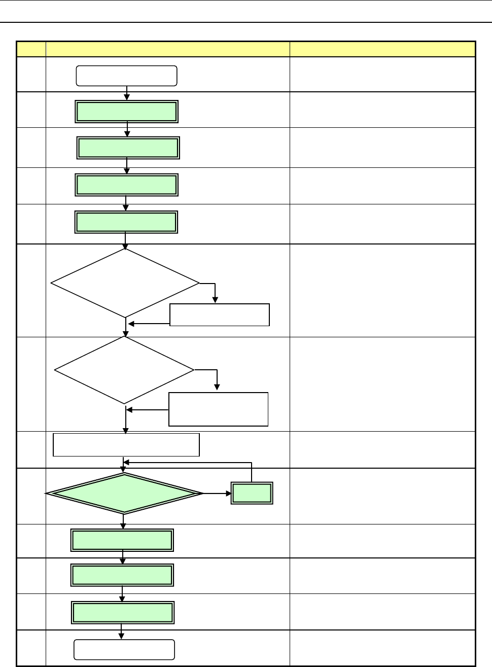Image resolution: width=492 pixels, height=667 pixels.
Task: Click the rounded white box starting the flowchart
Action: pos(126,76)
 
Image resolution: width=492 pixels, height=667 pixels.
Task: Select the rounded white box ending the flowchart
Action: pos(124,649)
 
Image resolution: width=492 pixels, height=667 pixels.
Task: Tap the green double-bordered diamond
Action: pos(124,493)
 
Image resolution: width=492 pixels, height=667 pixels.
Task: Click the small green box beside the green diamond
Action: pos(252,493)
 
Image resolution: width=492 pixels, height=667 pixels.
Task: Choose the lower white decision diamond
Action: pos(124,370)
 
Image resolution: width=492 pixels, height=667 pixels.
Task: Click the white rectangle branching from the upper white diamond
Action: pos(219,315)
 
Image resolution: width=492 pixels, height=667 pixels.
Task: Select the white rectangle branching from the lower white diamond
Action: pos(218,409)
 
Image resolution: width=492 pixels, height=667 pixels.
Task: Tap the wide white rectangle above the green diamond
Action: pos(126,445)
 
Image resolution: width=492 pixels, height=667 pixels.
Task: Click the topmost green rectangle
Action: pos(127,112)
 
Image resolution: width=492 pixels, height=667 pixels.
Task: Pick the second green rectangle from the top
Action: pos(128,148)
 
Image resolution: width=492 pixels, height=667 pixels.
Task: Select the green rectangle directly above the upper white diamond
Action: pos(126,222)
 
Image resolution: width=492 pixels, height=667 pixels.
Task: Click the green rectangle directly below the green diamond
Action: pos(122,540)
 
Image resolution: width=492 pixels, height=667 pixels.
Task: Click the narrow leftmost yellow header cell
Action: pos(31,49)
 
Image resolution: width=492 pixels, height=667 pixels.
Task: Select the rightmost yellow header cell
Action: pos(382,49)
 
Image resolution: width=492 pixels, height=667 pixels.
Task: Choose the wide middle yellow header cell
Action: pos(167,49)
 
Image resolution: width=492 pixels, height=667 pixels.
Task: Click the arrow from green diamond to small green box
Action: pos(217,493)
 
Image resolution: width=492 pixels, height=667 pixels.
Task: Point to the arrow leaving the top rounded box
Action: pos(127,93)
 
